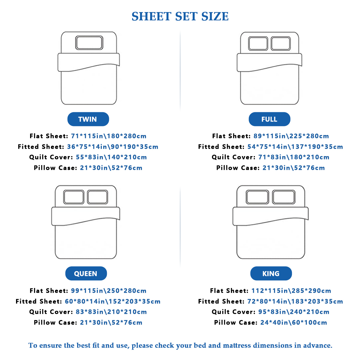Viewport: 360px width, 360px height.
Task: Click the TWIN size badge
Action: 88,119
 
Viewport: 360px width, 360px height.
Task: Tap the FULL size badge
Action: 269,119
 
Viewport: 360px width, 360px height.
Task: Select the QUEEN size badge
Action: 86,273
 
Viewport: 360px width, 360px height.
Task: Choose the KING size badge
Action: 271,273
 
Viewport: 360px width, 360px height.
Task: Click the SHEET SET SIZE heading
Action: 180,16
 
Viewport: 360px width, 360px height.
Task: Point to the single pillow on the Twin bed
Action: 89,43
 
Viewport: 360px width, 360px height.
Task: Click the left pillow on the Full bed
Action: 258,44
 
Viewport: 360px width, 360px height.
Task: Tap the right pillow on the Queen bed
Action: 98,197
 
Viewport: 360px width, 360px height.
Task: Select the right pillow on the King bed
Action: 284,197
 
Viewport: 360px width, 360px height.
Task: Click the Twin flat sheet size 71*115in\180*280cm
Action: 109,136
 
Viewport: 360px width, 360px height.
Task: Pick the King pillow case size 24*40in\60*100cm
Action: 294,322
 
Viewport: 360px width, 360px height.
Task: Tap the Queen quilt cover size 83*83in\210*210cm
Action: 111,312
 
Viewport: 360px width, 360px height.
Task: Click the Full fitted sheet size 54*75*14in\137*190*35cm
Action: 295,147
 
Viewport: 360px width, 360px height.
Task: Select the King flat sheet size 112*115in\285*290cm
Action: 291,291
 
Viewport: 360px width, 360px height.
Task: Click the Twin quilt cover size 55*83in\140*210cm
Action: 111,157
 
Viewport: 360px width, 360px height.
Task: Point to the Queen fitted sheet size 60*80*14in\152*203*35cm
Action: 113,301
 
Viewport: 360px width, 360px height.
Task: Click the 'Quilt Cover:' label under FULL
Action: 233,157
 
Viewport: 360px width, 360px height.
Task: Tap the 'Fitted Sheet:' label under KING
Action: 221,301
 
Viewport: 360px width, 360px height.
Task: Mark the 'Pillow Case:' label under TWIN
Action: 55,168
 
